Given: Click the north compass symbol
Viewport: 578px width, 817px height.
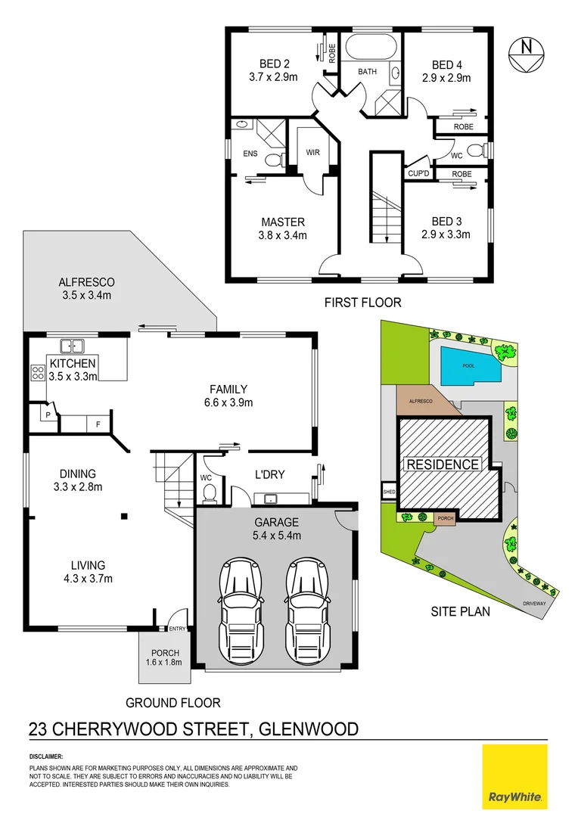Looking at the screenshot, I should pyautogui.click(x=524, y=54).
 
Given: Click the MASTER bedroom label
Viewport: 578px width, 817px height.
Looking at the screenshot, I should pyautogui.click(x=283, y=222).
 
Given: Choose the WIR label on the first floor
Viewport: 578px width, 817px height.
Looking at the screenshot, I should pyautogui.click(x=312, y=152).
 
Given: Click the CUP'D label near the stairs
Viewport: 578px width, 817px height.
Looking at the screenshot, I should pyautogui.click(x=418, y=173).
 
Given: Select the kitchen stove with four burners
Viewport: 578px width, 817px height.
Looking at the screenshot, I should pyautogui.click(x=37, y=372).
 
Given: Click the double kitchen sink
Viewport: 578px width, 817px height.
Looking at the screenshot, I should pyautogui.click(x=72, y=346).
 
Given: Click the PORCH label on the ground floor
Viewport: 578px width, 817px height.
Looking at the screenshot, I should pyautogui.click(x=165, y=653).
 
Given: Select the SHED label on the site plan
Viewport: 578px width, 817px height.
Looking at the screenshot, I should pyautogui.click(x=390, y=491).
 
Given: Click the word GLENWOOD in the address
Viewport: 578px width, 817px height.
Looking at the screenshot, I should pyautogui.click(x=309, y=729).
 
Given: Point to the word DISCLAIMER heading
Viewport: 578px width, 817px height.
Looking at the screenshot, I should pyautogui.click(x=47, y=756).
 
